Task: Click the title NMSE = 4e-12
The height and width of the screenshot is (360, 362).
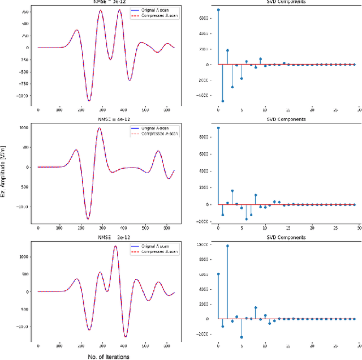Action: click(x=106, y=120)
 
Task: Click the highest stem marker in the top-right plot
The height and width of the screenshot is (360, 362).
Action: click(x=218, y=10)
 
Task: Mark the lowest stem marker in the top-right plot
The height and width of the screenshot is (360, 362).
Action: click(x=223, y=101)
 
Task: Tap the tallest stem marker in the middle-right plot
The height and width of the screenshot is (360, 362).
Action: click(x=218, y=128)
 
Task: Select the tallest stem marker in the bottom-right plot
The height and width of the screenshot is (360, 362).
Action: click(x=227, y=246)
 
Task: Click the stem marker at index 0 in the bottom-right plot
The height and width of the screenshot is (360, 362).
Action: click(x=218, y=274)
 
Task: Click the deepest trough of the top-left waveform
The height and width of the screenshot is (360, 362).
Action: click(x=89, y=101)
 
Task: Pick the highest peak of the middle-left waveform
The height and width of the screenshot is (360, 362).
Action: click(x=100, y=128)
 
